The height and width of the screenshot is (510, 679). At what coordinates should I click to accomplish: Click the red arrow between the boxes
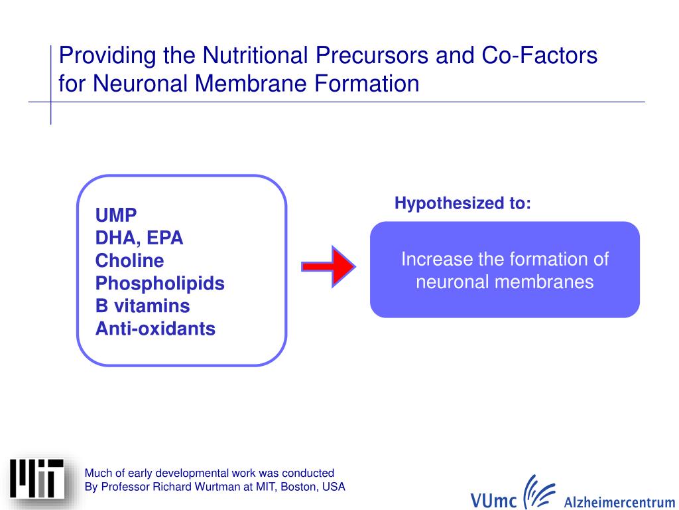[329, 266]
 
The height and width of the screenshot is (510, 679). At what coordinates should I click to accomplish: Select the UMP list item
[116, 215]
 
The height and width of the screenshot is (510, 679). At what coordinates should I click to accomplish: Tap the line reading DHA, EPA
[139, 238]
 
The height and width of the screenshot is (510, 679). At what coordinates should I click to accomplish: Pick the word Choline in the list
[129, 260]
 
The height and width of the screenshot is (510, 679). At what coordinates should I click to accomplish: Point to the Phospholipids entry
[160, 284]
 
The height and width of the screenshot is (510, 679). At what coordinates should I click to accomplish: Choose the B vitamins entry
[143, 306]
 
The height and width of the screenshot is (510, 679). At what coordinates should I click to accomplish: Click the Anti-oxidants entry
[155, 329]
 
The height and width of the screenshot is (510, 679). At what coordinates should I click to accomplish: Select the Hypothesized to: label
[462, 203]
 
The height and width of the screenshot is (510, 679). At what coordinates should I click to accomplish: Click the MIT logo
[37, 479]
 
